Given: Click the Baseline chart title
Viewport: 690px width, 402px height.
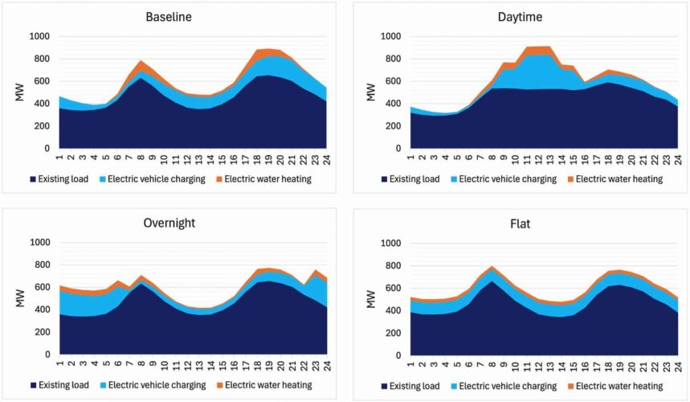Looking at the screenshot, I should click(x=169, y=17).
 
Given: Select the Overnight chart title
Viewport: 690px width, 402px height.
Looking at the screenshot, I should click(x=169, y=223).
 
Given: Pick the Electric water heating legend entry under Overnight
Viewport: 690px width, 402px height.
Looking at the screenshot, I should click(x=270, y=385).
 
